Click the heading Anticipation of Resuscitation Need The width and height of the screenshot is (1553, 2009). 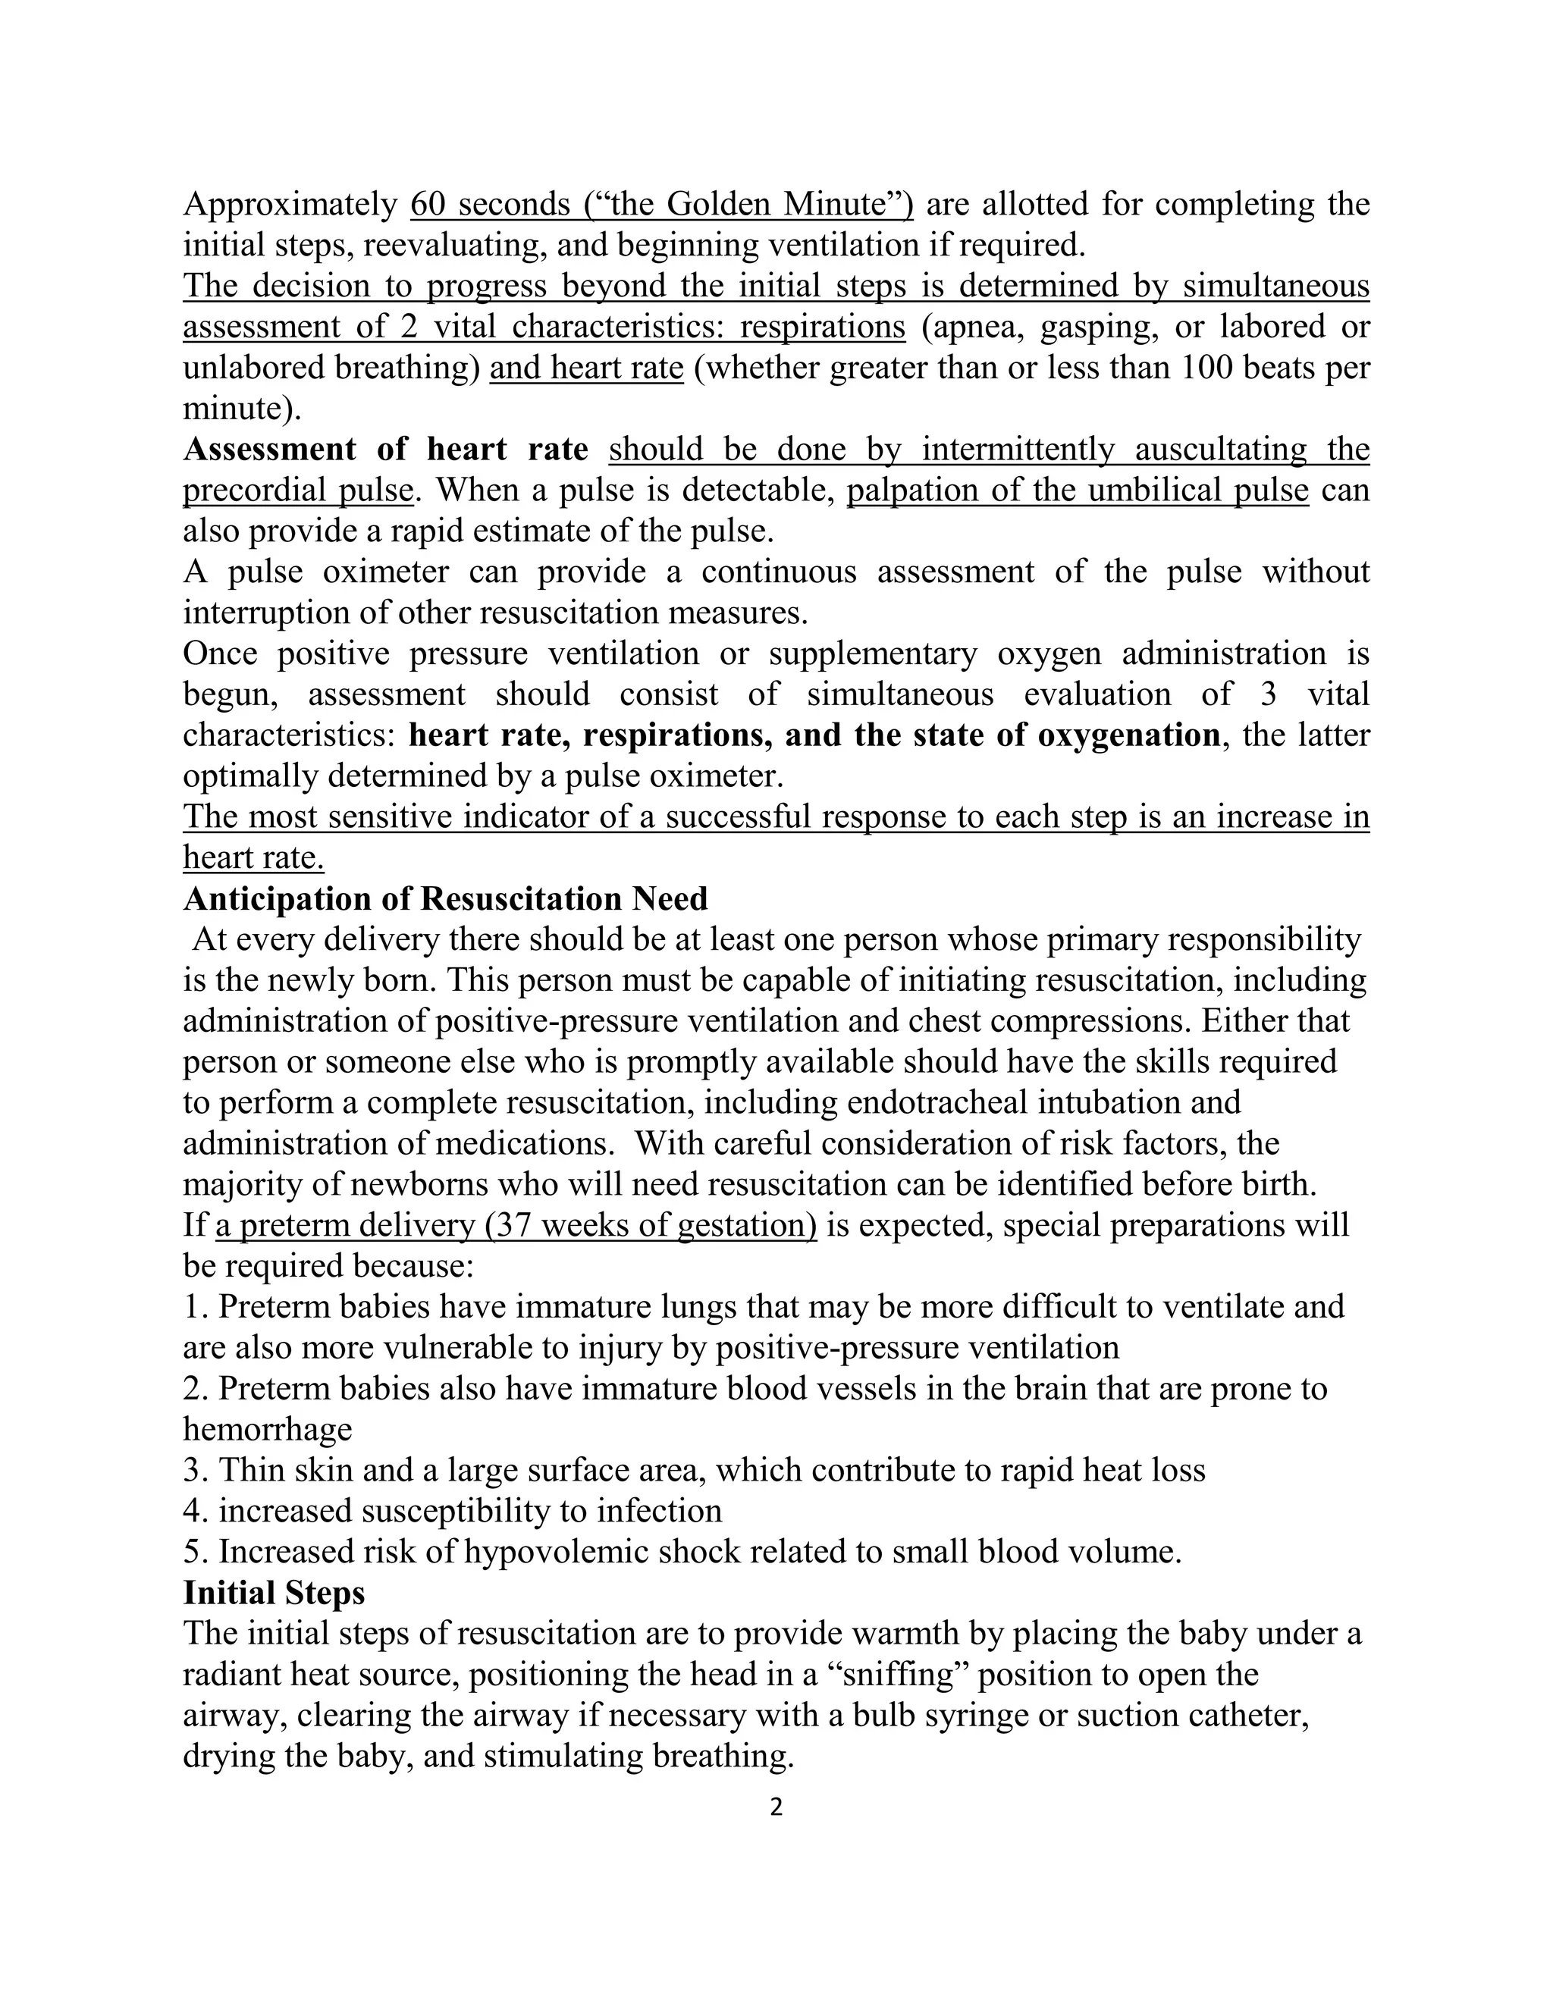(x=445, y=898)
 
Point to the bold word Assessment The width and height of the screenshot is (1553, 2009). (x=269, y=449)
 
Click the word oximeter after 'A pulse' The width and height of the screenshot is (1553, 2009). (x=385, y=572)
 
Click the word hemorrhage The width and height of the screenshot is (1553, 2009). (x=268, y=1428)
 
